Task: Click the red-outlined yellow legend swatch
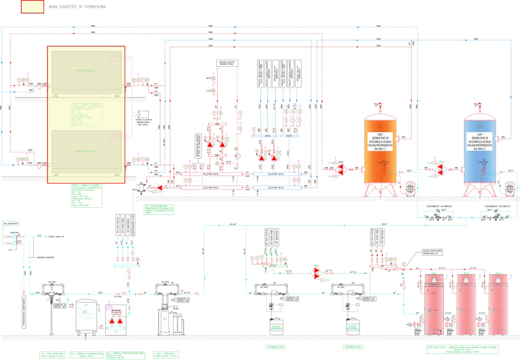pos(32,7)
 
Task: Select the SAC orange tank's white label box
pos(380,141)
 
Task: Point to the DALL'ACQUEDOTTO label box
pos(11,223)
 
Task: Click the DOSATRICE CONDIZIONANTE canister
pos(277,325)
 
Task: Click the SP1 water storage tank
pos(86,316)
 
